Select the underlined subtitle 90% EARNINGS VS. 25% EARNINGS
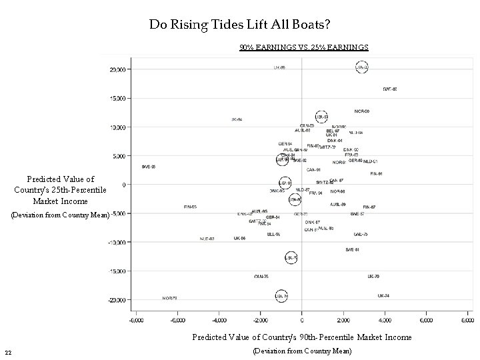point(304,47)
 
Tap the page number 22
point(7,352)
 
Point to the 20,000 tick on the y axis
point(120,69)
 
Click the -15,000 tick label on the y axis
point(119,271)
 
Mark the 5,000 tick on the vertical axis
point(121,156)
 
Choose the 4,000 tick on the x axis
point(385,320)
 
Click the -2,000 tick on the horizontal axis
point(259,320)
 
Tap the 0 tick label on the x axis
point(302,320)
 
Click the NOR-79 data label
point(169,298)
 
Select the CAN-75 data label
point(261,277)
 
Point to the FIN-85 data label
point(191,207)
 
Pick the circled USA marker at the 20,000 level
point(361,67)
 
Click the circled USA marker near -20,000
point(283,295)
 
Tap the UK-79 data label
point(373,277)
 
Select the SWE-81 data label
point(352,250)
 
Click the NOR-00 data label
point(362,111)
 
